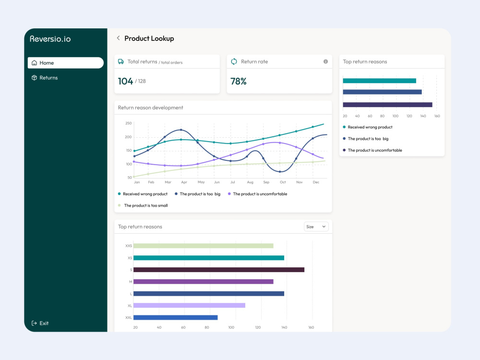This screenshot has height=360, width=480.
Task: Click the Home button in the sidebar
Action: pyautogui.click(x=65, y=63)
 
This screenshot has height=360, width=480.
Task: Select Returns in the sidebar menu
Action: pyautogui.click(x=45, y=78)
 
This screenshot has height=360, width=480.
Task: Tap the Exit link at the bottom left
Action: pyautogui.click(x=40, y=323)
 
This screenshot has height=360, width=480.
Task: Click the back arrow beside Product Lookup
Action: pyautogui.click(x=118, y=38)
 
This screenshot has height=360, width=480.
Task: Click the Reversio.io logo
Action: pyautogui.click(x=50, y=39)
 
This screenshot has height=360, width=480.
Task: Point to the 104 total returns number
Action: pyautogui.click(x=125, y=81)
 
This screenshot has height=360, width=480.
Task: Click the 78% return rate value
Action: pyautogui.click(x=239, y=81)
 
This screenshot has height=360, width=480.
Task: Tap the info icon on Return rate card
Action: pyautogui.click(x=325, y=61)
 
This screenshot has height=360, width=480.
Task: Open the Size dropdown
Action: pyautogui.click(x=316, y=227)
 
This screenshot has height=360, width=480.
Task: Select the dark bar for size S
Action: pyautogui.click(x=219, y=270)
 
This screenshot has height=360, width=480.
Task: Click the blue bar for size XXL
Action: pyautogui.click(x=175, y=317)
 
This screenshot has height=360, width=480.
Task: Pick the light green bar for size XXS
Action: pyautogui.click(x=203, y=246)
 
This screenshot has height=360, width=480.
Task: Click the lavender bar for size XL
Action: pyautogui.click(x=189, y=305)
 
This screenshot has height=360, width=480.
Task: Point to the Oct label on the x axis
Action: pyautogui.click(x=283, y=182)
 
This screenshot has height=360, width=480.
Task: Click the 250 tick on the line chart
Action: pyautogui.click(x=128, y=123)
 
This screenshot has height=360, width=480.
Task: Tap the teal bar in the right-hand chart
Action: pyautogui.click(x=379, y=81)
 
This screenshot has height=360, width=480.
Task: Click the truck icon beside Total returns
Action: pyautogui.click(x=121, y=61)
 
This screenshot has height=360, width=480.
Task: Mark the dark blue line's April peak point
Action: pyautogui.click(x=181, y=130)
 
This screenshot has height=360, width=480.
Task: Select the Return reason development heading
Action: pyautogui.click(x=151, y=108)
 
